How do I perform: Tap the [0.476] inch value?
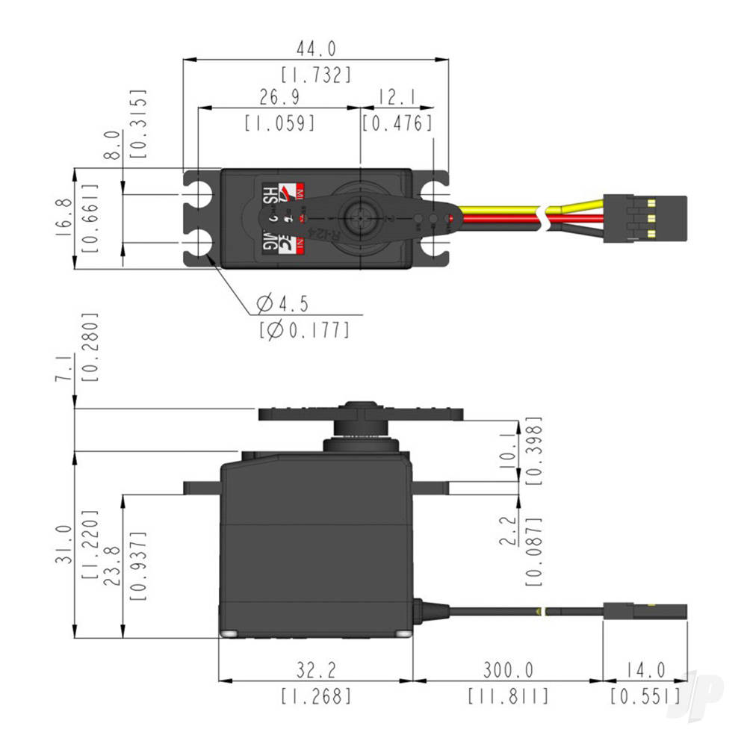[397, 123]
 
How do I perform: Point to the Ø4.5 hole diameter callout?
[282, 304]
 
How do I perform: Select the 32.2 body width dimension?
[315, 669]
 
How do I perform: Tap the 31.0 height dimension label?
[65, 543]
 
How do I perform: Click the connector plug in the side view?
[645, 610]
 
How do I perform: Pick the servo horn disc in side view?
[360, 412]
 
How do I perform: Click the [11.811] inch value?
[508, 697]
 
